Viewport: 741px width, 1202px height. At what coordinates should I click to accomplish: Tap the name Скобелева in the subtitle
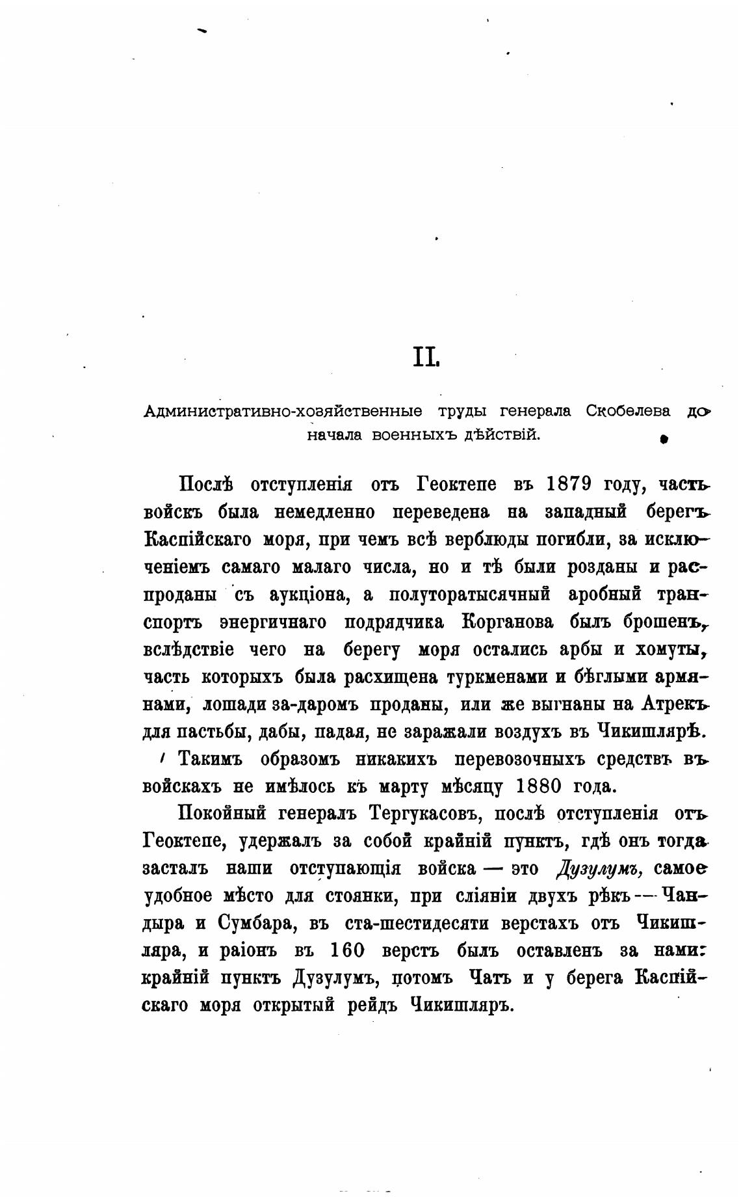click(x=628, y=411)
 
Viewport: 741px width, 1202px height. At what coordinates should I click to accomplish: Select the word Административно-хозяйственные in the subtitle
click(x=283, y=411)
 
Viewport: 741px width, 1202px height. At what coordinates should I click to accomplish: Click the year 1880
click(x=538, y=786)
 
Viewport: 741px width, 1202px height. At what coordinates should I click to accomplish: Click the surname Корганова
click(x=507, y=622)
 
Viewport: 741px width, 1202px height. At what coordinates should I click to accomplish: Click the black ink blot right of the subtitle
click(x=664, y=439)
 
